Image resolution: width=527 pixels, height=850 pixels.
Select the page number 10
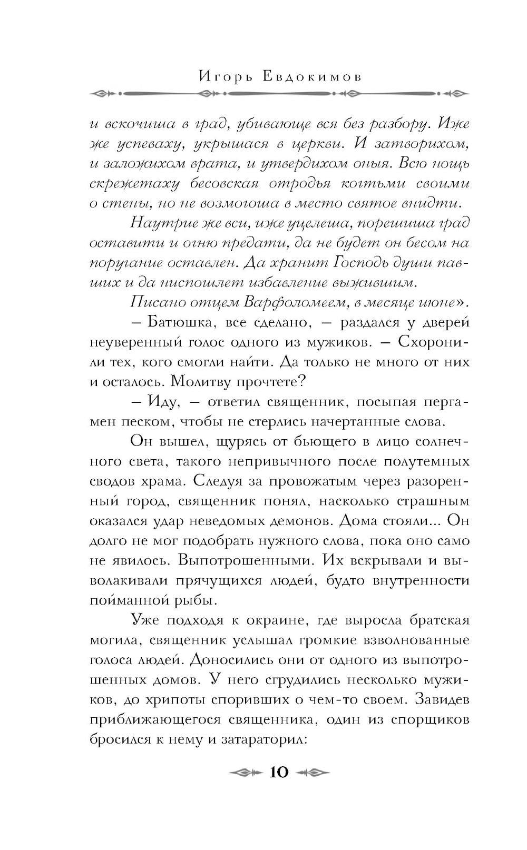click(279, 772)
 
